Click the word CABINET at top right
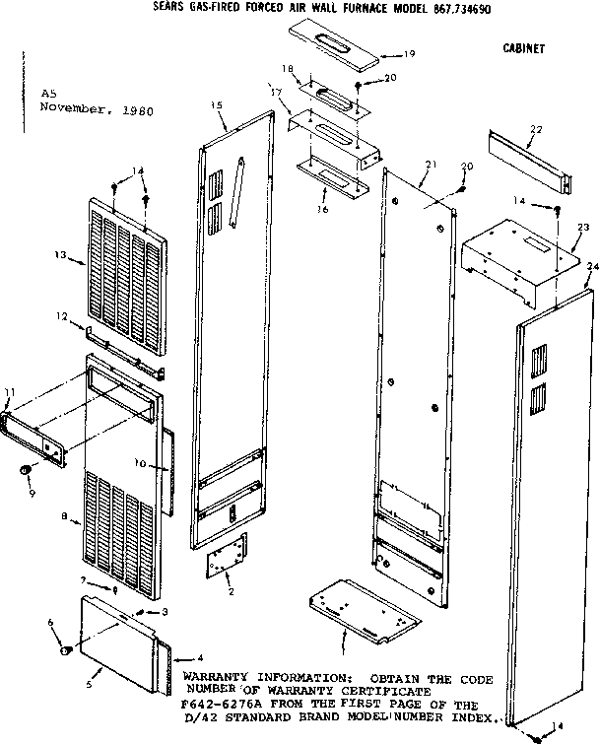(x=523, y=47)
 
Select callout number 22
(x=536, y=129)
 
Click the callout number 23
(x=583, y=228)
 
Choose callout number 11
(x=10, y=394)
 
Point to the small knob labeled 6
(x=66, y=651)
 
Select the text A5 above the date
(x=47, y=96)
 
